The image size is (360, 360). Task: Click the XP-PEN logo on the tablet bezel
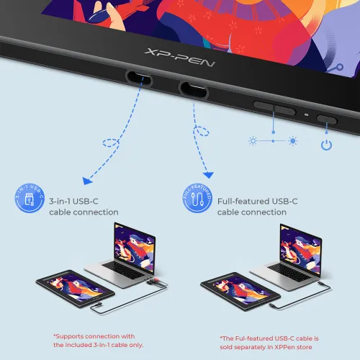179,58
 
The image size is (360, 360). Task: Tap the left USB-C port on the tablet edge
139,78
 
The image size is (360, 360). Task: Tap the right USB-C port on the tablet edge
194,89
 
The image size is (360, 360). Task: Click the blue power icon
326,145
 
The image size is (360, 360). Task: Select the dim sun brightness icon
253,141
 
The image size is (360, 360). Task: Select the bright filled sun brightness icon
293,141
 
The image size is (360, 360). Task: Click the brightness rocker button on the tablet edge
274,108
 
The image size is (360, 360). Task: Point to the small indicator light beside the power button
307,114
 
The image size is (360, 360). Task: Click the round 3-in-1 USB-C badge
30,198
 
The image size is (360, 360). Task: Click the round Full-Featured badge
197,198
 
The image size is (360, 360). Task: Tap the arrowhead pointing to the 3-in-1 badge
87,181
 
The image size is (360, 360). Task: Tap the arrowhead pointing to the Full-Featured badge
208,175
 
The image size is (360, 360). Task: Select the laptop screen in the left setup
135,248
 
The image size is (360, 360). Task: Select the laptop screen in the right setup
300,249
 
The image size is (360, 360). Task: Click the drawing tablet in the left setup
75,288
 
